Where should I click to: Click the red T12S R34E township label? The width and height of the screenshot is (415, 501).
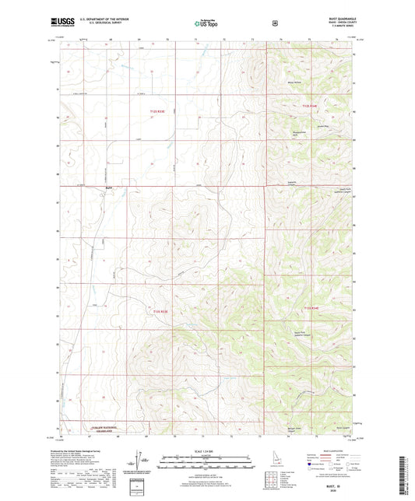311,105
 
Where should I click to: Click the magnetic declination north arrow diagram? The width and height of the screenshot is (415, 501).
149,462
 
